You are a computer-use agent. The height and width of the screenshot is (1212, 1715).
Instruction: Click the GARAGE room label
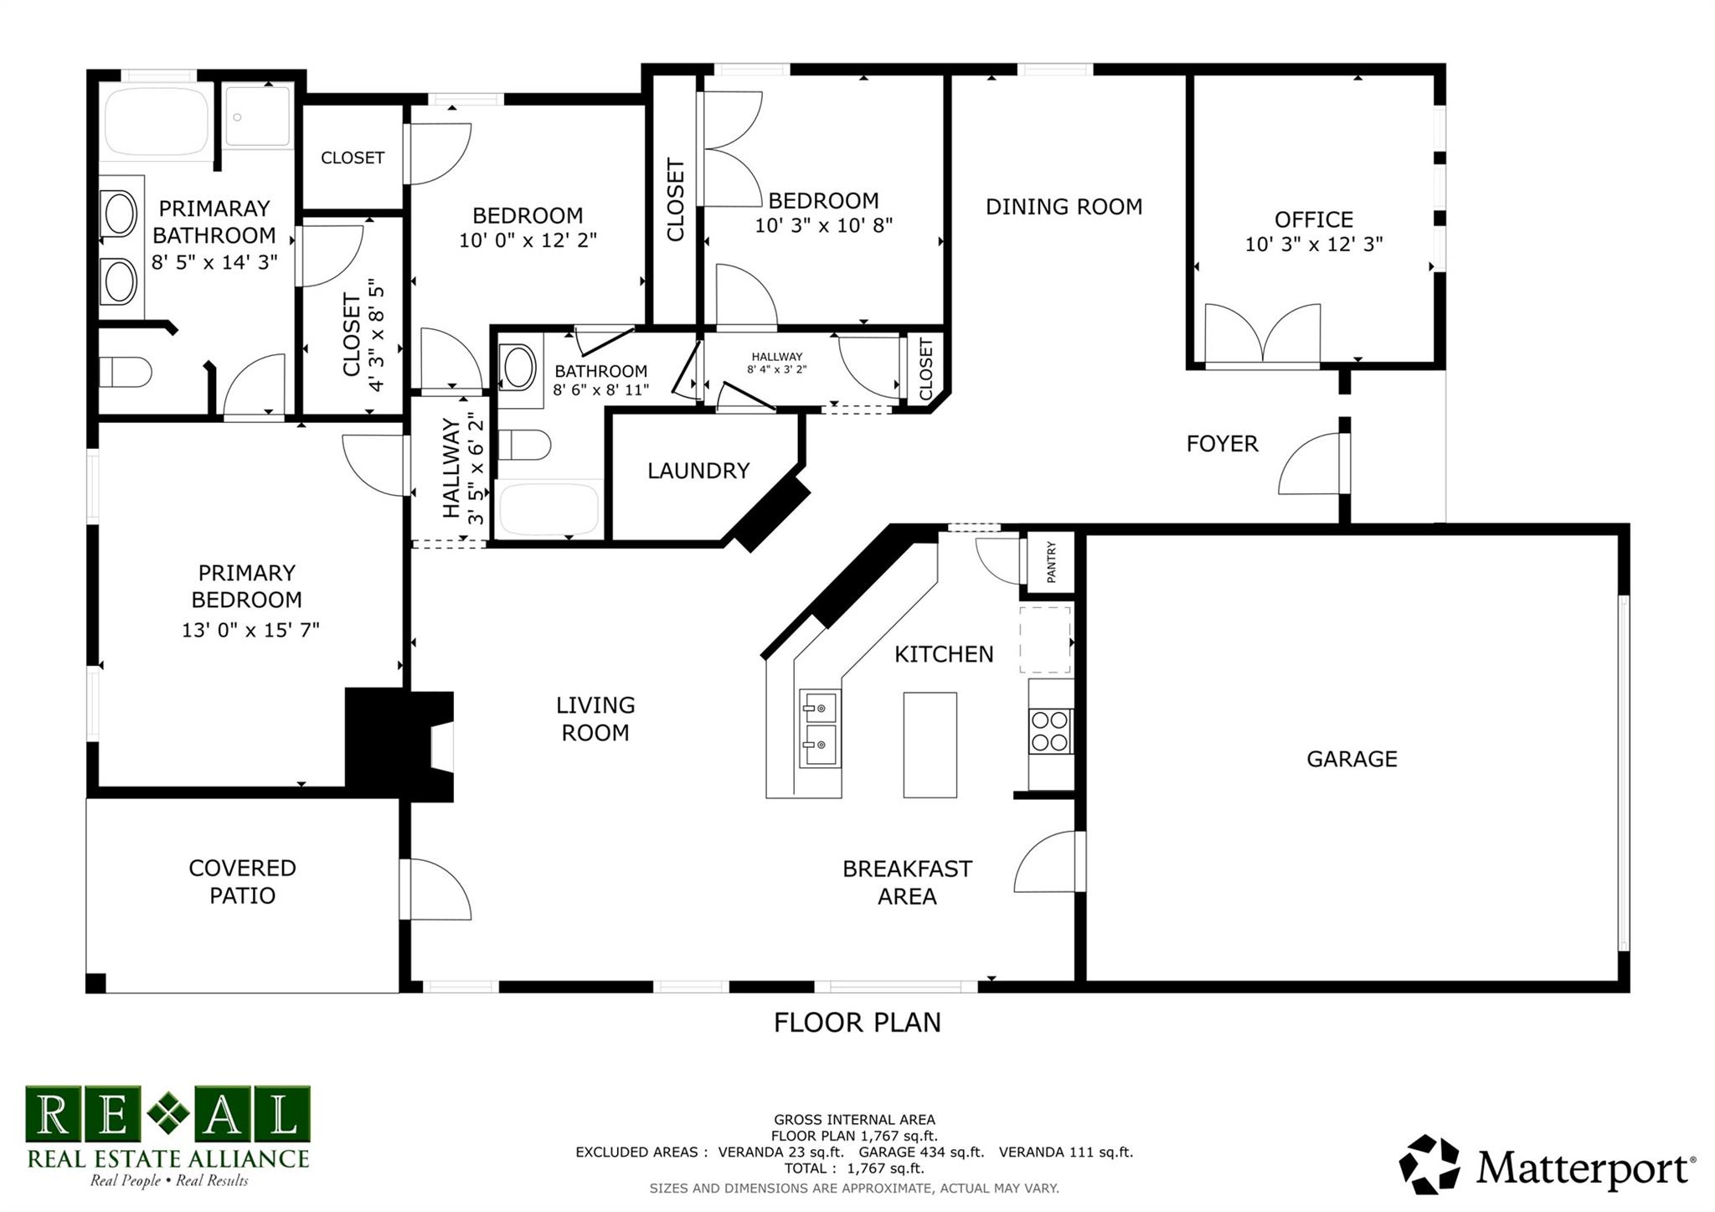(1352, 759)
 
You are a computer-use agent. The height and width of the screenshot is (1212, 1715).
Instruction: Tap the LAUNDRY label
(698, 471)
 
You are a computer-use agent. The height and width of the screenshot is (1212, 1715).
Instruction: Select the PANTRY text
(1051, 562)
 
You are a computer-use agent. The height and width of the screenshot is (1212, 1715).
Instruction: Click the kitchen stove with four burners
(1051, 731)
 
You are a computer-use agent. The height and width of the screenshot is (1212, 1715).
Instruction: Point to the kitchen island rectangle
(930, 745)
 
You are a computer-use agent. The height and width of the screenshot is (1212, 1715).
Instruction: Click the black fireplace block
(399, 745)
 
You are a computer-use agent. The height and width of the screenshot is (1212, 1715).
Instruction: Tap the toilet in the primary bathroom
(125, 371)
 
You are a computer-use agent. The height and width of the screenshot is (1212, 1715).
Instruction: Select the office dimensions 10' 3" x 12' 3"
(1313, 245)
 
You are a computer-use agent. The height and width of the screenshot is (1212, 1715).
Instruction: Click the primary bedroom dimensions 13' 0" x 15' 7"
(250, 630)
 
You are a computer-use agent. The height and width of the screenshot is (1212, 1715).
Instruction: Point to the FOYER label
(1222, 444)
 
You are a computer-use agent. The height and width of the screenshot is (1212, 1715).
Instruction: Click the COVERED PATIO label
(242, 882)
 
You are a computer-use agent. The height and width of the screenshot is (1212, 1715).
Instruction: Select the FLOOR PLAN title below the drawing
(857, 1023)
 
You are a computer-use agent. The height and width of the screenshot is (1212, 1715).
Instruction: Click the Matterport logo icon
(1431, 1164)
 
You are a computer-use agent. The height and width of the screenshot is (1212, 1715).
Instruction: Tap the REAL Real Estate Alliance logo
(167, 1136)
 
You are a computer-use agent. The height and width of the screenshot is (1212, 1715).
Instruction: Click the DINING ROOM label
(1064, 207)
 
